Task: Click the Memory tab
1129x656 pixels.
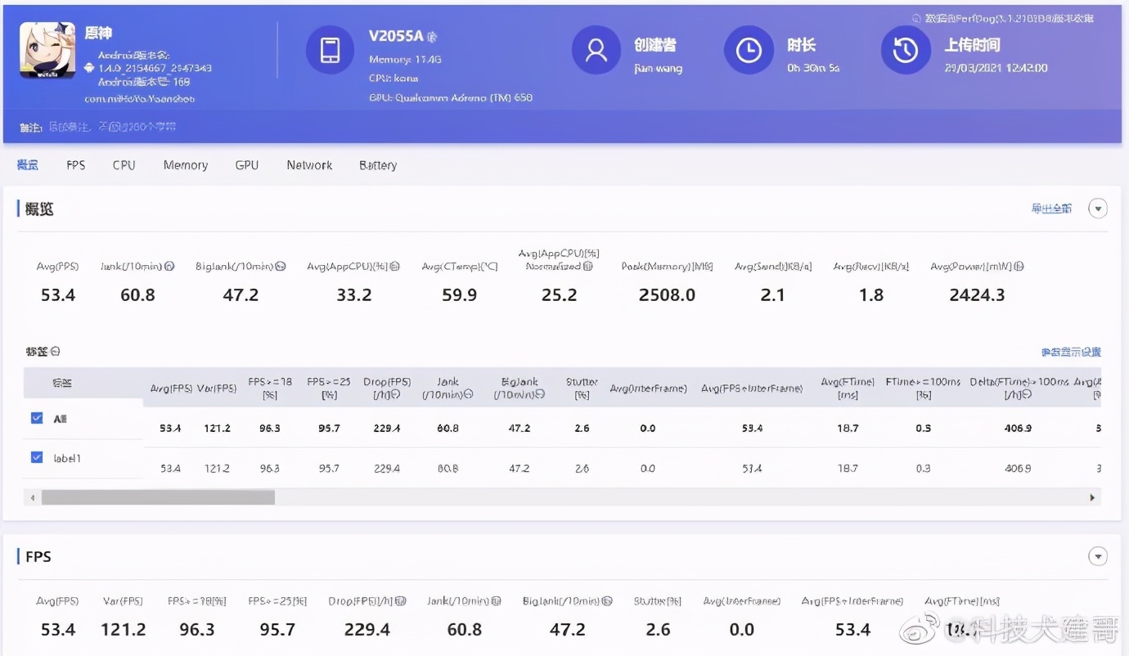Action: (185, 165)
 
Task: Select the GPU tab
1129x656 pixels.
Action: (246, 165)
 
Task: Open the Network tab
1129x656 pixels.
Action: (309, 165)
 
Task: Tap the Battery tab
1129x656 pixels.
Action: (378, 165)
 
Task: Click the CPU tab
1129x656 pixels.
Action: (124, 165)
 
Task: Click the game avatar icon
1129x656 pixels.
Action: (47, 51)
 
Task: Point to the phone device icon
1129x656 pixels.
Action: (330, 50)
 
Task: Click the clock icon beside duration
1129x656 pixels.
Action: (749, 50)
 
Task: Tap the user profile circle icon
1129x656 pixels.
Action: (596, 50)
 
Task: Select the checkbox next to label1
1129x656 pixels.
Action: (37, 457)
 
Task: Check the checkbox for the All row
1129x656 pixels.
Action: (37, 418)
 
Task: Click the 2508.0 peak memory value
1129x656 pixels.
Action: (667, 294)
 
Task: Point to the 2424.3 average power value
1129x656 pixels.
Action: (977, 294)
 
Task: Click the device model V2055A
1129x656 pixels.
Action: (396, 36)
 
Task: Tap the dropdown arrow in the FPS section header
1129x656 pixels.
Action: (1097, 557)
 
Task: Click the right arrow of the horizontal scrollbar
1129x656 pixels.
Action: (1092, 497)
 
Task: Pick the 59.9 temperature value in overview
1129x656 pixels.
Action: (459, 294)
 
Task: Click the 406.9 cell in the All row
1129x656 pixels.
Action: (1018, 428)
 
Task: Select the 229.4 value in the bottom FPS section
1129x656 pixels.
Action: (367, 629)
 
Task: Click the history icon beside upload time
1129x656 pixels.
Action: (905, 50)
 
